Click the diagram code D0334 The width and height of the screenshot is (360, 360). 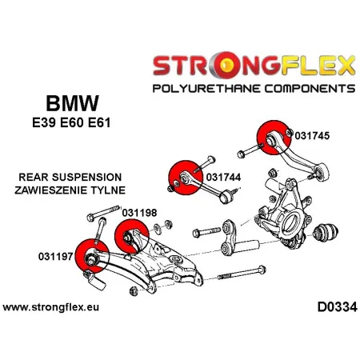click(329, 308)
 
